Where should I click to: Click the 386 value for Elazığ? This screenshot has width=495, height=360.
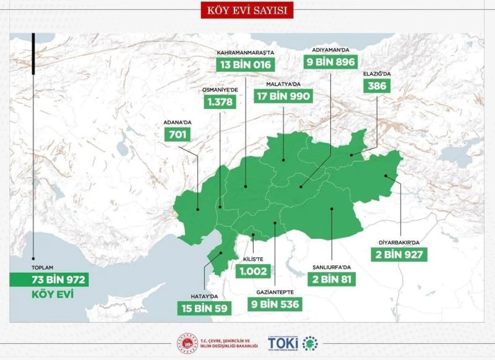click(x=376, y=86)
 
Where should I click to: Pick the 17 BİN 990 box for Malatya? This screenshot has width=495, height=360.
click(x=283, y=96)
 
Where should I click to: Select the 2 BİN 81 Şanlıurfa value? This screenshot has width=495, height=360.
click(x=331, y=279)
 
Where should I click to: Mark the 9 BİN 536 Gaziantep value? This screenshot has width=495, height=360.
click(x=275, y=304)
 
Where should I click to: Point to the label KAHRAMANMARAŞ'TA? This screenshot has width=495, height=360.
click(x=245, y=53)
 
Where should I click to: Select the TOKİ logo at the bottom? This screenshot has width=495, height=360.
click(x=291, y=342)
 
